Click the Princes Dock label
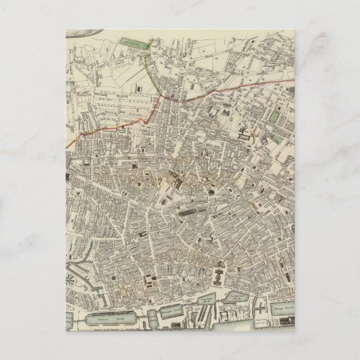click(103, 317)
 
